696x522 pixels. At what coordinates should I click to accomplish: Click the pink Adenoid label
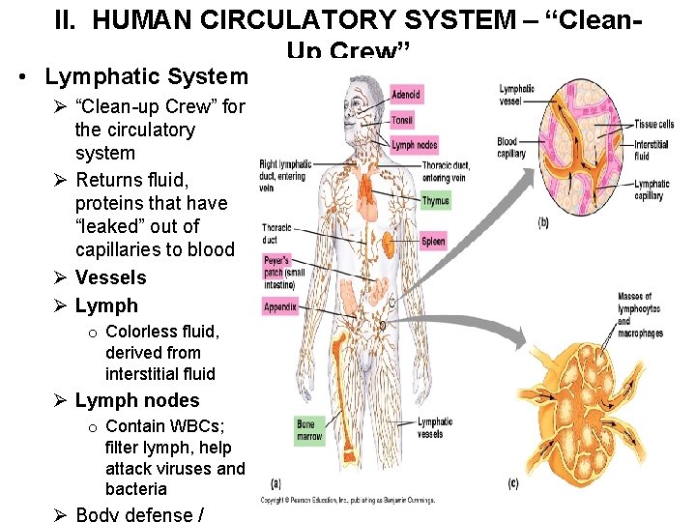click(406, 95)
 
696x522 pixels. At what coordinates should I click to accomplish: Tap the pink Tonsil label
click(402, 120)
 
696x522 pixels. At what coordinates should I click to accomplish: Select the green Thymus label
click(436, 201)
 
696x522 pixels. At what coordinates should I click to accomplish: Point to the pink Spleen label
click(433, 241)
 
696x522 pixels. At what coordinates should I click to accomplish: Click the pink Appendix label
click(280, 307)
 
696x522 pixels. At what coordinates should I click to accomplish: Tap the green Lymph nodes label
click(415, 145)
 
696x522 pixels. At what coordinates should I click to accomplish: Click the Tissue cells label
click(653, 124)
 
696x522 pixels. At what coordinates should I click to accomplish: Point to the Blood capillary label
click(511, 147)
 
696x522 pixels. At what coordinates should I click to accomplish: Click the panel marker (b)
click(542, 223)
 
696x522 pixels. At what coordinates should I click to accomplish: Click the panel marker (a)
click(277, 483)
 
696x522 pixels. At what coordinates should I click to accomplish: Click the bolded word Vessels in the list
click(110, 277)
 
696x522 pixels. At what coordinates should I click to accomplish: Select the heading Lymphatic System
click(146, 75)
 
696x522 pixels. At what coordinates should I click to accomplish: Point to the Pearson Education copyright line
click(347, 500)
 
